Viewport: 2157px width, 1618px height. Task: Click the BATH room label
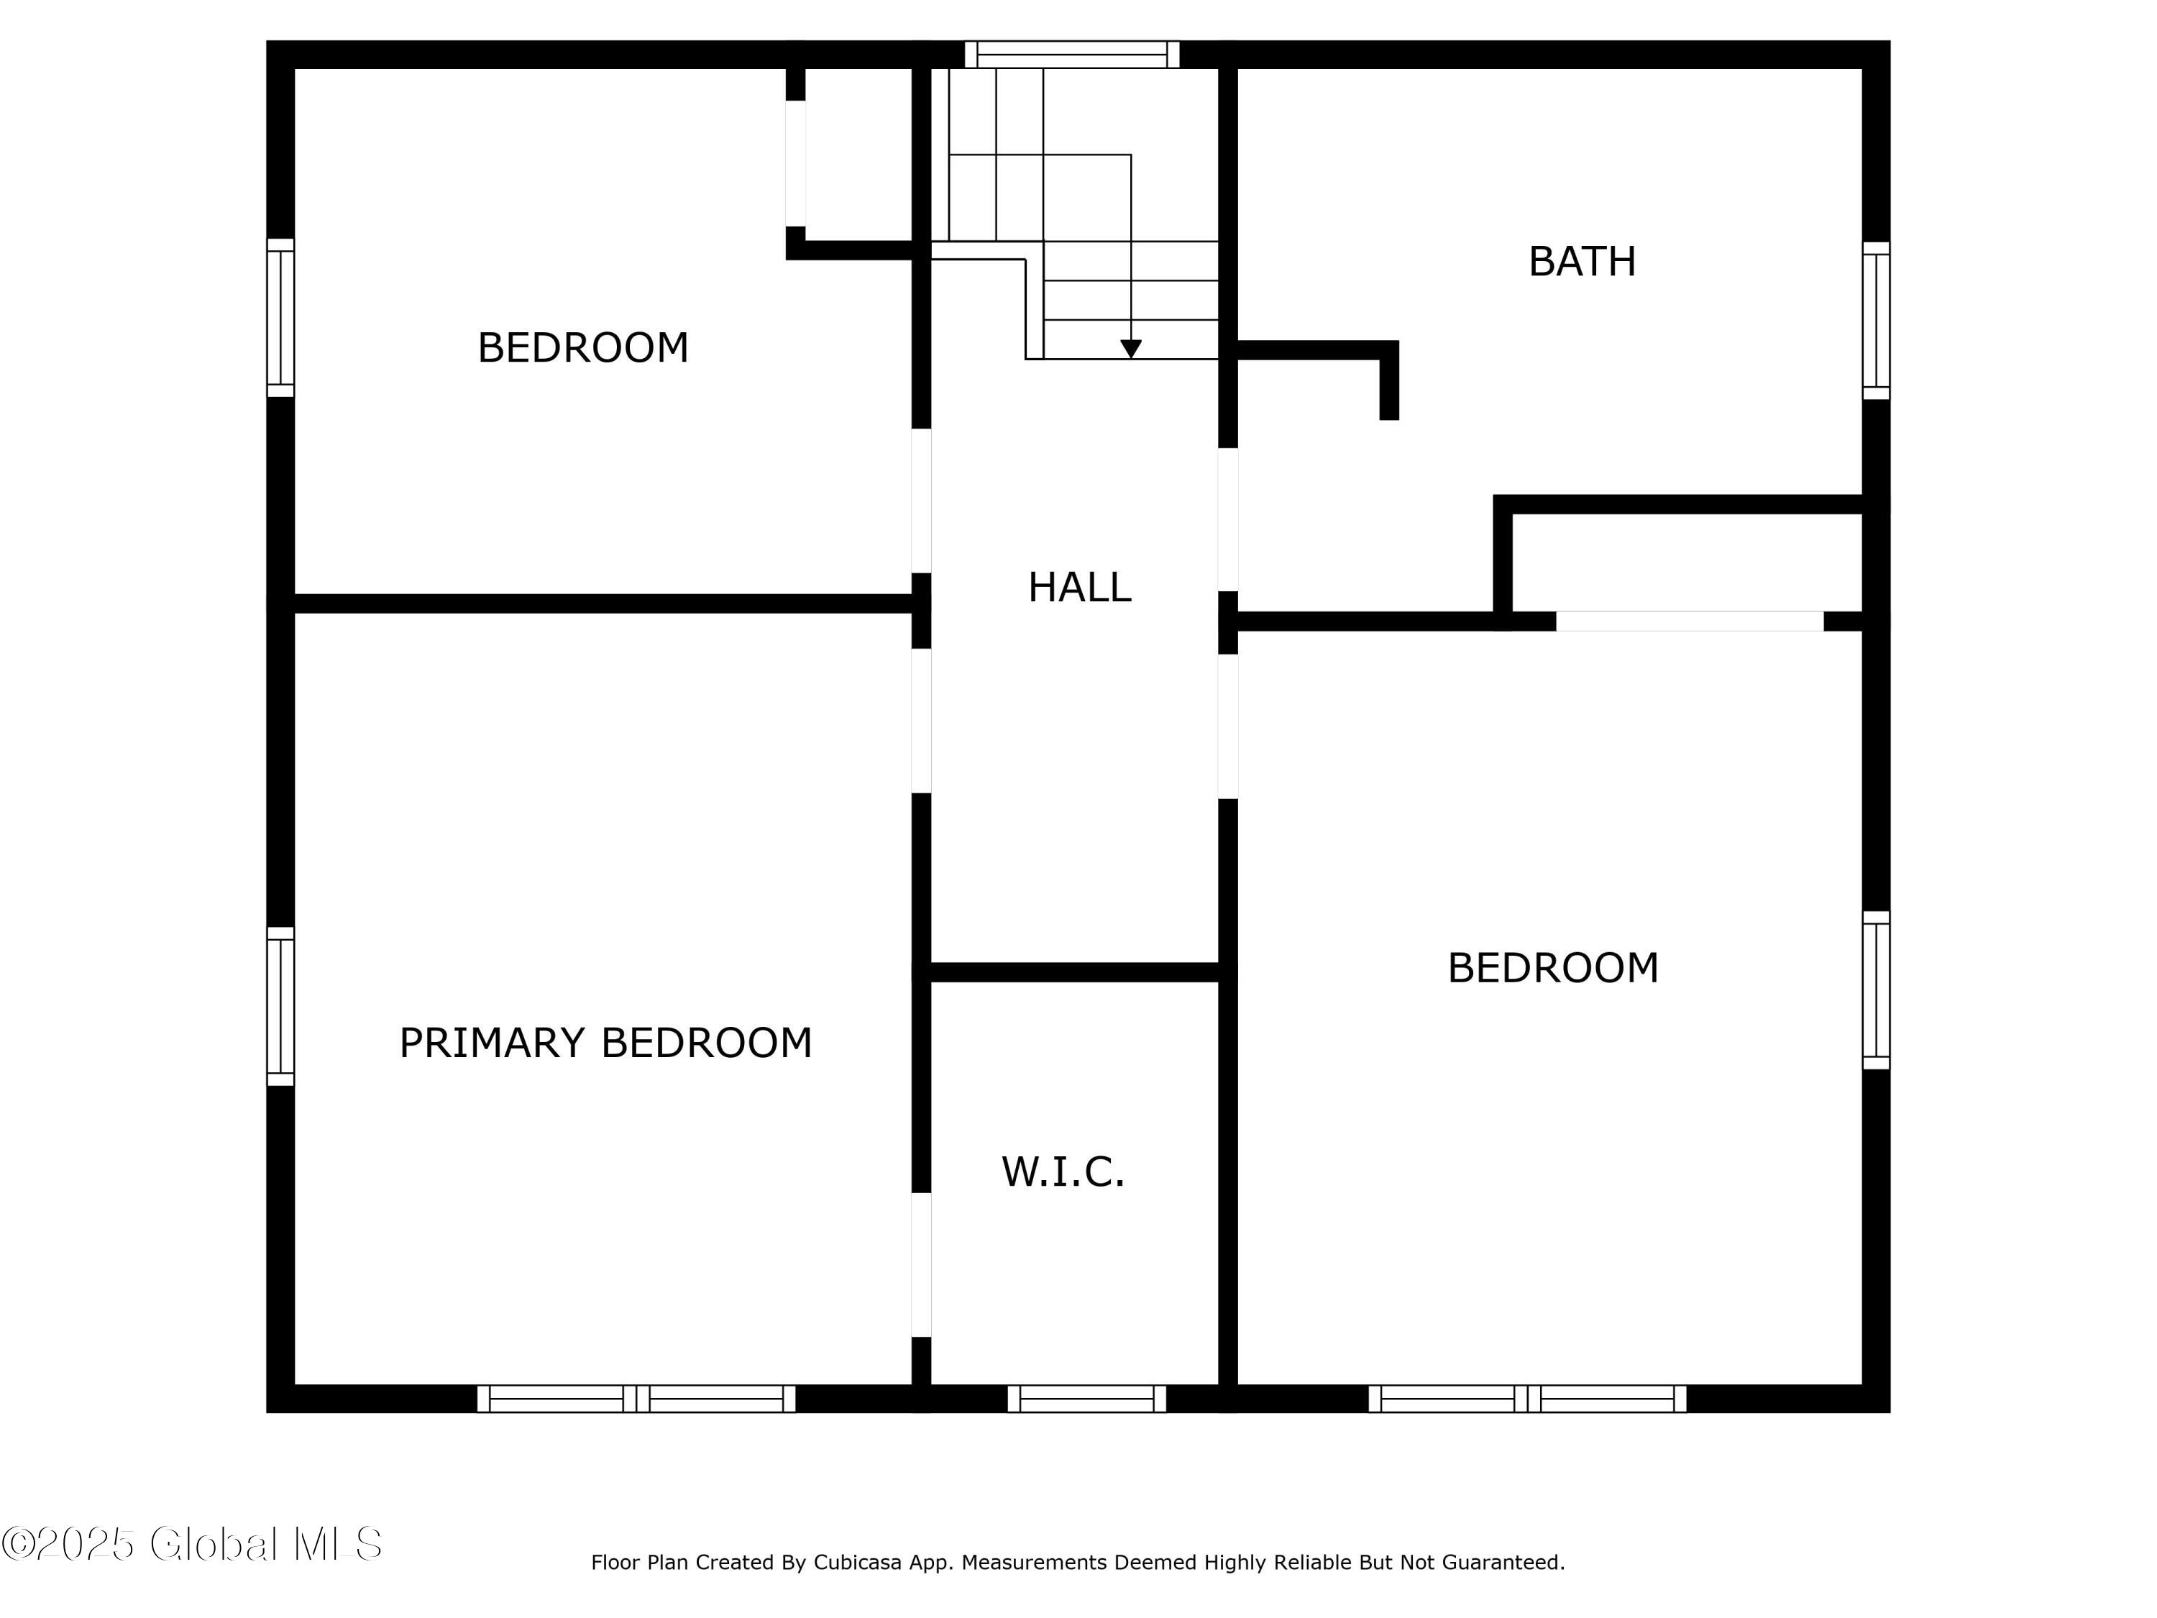pos(1582,261)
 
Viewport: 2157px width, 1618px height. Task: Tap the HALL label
pos(1079,587)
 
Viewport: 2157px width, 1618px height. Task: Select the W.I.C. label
pos(1063,1171)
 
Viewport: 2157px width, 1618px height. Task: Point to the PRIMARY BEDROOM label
pos(605,1043)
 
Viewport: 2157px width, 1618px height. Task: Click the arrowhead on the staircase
pos(1131,348)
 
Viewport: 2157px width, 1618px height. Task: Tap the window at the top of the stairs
pos(1073,55)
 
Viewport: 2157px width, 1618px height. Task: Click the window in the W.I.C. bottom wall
pos(1086,1399)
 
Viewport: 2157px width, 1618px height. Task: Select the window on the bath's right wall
pos(1876,321)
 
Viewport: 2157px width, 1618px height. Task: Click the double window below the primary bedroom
pos(636,1399)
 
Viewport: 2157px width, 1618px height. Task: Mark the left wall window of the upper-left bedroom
pos(281,318)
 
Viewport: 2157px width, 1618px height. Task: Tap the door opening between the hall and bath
pos(1229,519)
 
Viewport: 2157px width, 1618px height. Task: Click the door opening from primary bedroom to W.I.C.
pos(922,1264)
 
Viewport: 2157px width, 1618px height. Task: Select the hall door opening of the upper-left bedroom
pos(922,501)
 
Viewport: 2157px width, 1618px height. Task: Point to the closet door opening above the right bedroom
pos(1690,621)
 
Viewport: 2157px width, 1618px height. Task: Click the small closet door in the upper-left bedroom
pos(796,164)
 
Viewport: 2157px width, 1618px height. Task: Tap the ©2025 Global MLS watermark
pos(192,1544)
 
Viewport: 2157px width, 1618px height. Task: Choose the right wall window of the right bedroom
pos(1876,990)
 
